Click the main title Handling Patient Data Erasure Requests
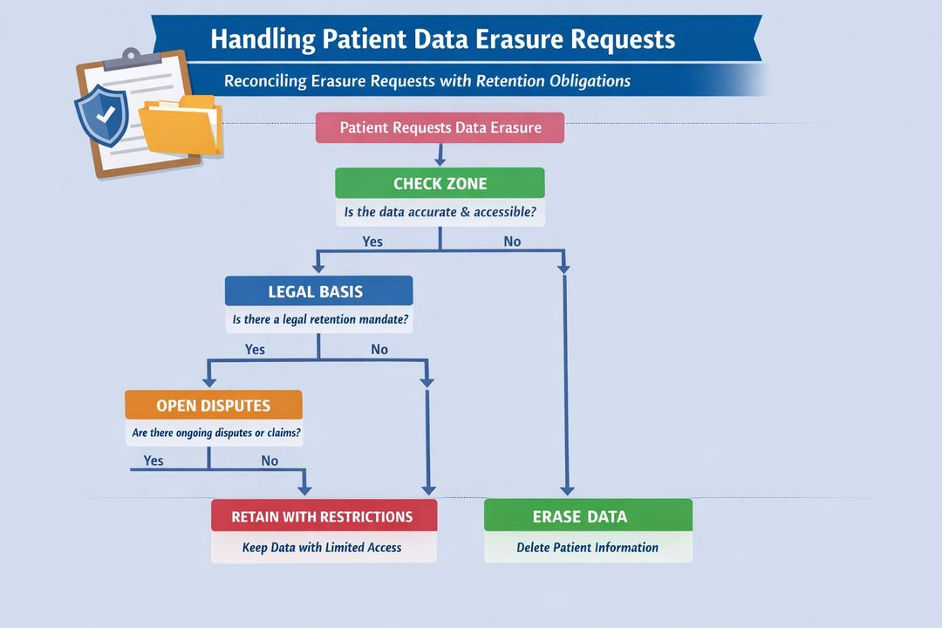[442, 39]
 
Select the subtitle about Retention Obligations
[427, 81]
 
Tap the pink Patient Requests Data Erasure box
[440, 128]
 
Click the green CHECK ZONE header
[440, 183]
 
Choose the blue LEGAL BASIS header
[318, 291]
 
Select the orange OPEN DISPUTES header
[213, 406]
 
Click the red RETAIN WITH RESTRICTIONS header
[322, 516]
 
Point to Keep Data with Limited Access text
[322, 547]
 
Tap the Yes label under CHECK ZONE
[372, 241]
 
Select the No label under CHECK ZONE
[512, 241]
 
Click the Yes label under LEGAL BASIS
[255, 349]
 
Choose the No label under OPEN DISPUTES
[270, 460]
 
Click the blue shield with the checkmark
[101, 116]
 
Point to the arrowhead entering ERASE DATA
[567, 490]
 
